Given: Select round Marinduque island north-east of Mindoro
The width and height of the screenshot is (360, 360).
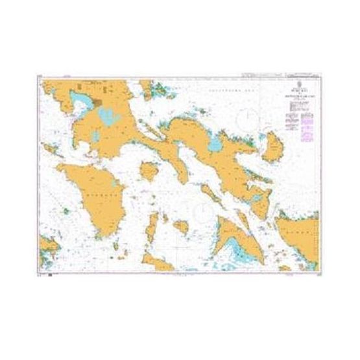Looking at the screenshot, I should (x=150, y=171).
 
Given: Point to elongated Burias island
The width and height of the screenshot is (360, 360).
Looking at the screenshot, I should (x=209, y=191).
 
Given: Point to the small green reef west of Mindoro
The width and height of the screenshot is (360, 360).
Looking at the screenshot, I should (x=66, y=211).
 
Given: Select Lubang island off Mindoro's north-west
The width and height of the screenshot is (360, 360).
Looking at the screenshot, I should (x=49, y=150).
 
